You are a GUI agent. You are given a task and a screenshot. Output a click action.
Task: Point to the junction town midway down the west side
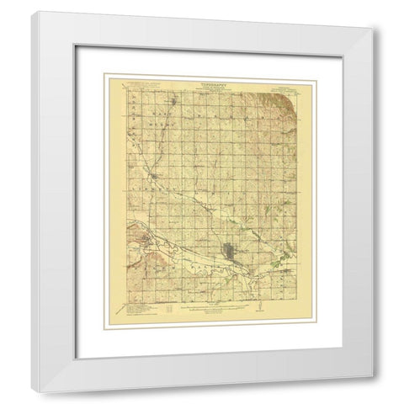151,175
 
